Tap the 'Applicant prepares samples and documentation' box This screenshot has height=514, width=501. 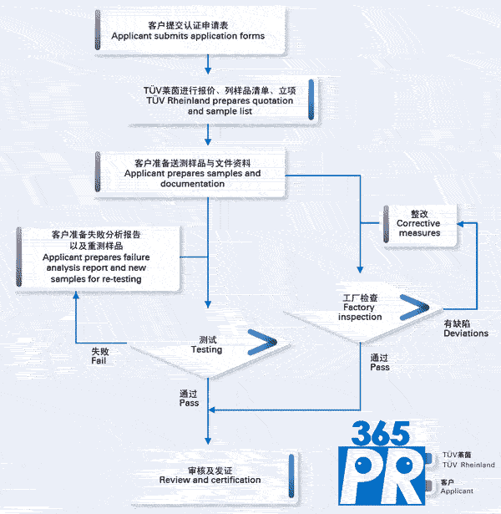pos(191,173)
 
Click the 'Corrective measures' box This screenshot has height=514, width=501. pos(418,223)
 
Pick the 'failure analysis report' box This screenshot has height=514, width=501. pos(99,257)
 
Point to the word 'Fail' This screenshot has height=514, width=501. pos(99,361)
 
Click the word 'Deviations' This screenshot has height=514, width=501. pos(465,333)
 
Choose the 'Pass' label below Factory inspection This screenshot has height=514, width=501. pos(379,367)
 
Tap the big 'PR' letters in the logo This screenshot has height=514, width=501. pos(385,475)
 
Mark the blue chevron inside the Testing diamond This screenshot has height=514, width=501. pos(261,343)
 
